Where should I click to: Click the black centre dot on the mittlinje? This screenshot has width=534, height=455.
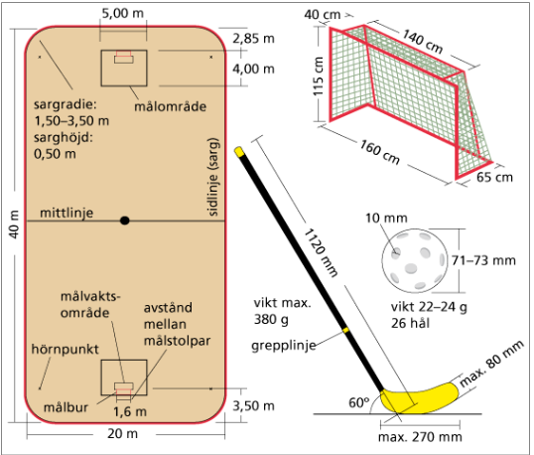point(125,221)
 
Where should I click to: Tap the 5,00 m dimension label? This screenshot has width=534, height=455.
point(123,13)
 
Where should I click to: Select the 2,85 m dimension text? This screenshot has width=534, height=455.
point(253,39)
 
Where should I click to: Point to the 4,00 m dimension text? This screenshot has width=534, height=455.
point(253,69)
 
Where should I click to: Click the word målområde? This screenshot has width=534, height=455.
point(171,106)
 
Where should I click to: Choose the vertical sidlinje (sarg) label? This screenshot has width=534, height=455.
point(212,177)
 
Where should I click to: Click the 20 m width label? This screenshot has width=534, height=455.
point(123,433)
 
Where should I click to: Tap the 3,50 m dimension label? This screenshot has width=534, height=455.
point(253,406)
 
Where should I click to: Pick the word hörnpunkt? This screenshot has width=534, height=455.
point(65,350)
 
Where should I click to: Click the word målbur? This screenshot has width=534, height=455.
point(66,407)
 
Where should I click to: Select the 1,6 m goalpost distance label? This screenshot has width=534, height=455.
point(130,411)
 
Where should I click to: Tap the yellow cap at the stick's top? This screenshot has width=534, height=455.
point(239,151)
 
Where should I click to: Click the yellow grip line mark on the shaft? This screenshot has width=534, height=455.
point(345,330)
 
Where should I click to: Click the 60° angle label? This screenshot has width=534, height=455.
point(358,403)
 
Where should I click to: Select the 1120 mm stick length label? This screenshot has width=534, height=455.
point(321,252)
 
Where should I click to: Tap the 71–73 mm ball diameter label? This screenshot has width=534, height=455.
point(483,260)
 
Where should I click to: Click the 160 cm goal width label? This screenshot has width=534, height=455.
point(380,152)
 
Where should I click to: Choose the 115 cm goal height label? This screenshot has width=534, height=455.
point(318,76)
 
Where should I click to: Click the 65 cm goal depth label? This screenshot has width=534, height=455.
point(494,177)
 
